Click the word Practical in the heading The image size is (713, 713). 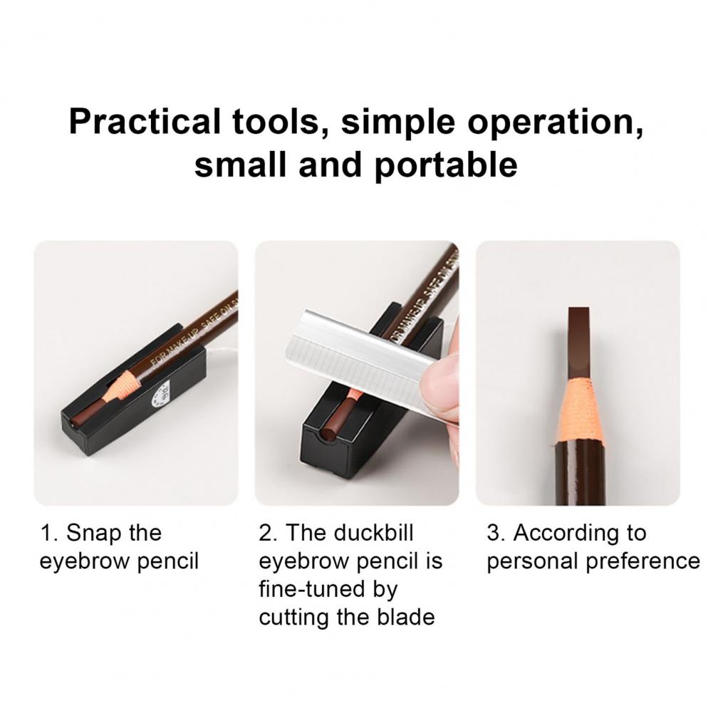point(144,121)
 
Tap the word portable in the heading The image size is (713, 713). point(446,165)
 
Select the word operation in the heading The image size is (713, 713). point(555,123)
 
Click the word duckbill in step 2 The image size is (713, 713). point(374,532)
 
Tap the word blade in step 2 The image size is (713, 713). point(405,617)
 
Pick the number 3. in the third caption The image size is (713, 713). point(496,533)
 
